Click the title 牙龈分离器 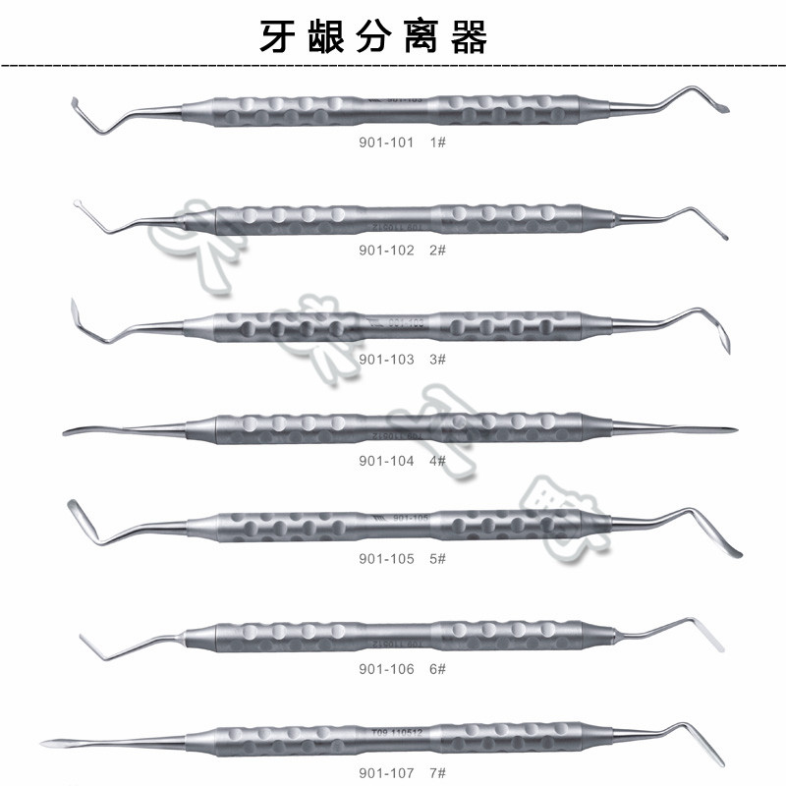[372, 37]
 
